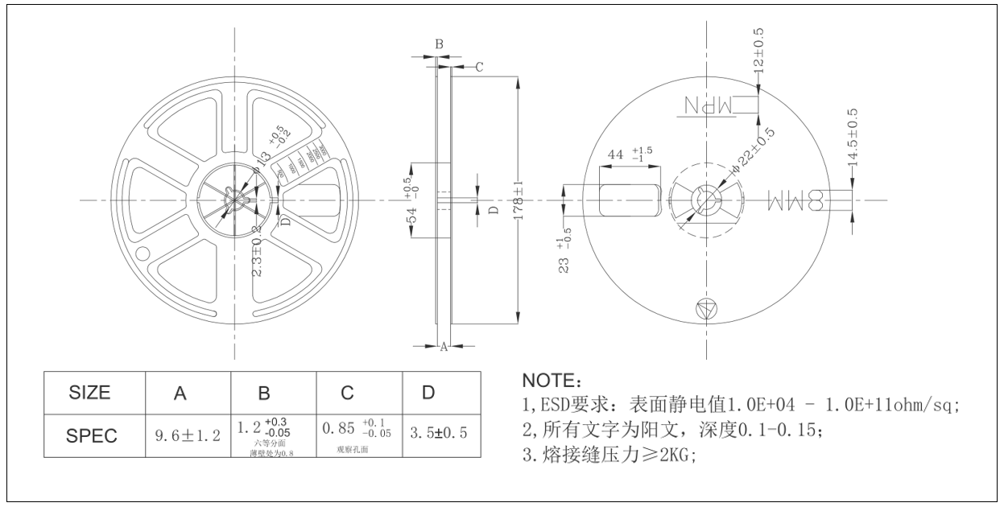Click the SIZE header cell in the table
pos(90,393)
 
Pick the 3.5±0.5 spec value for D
pos(438,435)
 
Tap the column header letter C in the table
pos(347,393)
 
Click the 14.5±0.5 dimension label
pos(853,138)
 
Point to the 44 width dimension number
pos(616,154)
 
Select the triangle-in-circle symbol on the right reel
pos(705,308)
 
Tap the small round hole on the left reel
pos(143,253)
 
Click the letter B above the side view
pos(439,44)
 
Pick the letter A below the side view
pos(443,347)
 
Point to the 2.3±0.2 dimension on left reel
pos(257,251)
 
